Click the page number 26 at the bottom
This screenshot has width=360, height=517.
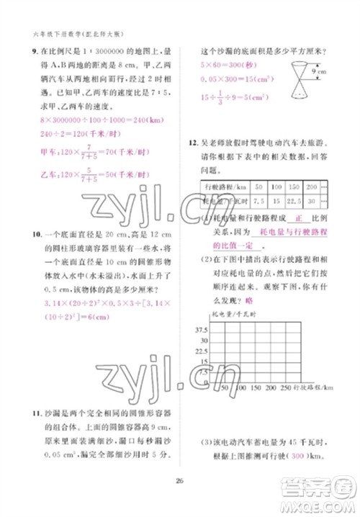point(179,492)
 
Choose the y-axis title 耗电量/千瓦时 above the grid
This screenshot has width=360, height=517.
point(232,315)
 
